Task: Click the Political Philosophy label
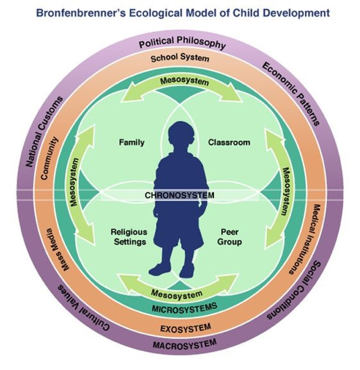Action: [182, 43]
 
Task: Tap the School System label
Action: [180, 58]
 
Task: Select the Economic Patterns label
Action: [291, 94]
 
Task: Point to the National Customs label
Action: [44, 131]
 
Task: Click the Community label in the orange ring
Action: [49, 158]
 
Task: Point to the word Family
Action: [131, 142]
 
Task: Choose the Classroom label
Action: [229, 142]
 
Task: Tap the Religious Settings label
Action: [129, 237]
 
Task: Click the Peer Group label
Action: [229, 237]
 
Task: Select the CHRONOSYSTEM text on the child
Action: [180, 195]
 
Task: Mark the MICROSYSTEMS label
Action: [184, 308]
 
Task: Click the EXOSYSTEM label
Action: [186, 328]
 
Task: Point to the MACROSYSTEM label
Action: [185, 344]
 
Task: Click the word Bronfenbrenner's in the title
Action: [81, 12]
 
